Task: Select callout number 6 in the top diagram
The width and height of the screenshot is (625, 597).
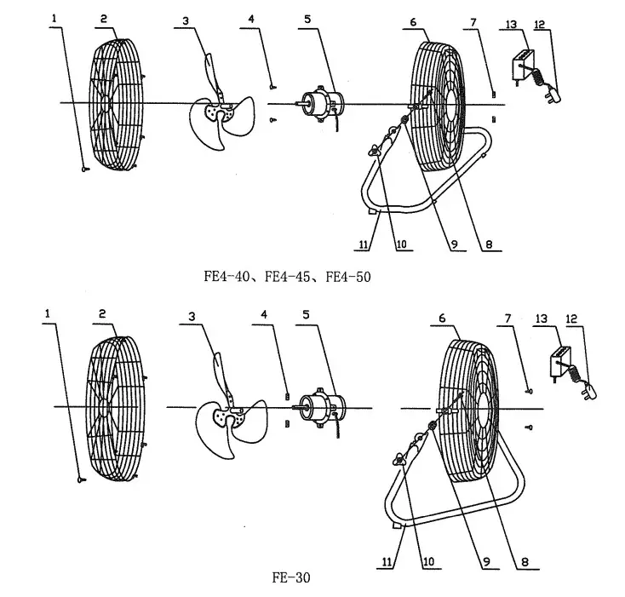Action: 413,18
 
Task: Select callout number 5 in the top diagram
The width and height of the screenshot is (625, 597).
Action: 307,18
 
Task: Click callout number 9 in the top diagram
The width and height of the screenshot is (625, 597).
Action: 454,244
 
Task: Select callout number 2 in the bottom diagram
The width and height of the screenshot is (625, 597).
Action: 102,313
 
